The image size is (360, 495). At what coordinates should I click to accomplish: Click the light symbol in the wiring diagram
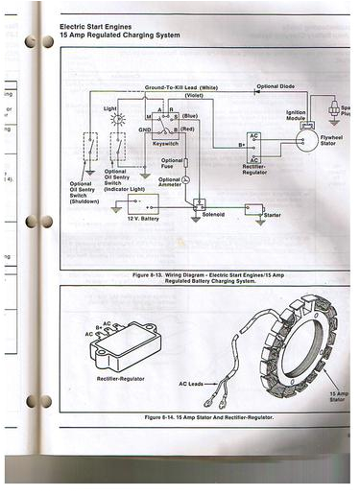tap(117, 121)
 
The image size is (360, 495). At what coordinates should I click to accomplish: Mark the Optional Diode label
tap(281, 86)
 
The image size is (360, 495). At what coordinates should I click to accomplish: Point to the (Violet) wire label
tap(193, 95)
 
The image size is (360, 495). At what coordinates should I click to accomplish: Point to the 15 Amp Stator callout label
tap(337, 397)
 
